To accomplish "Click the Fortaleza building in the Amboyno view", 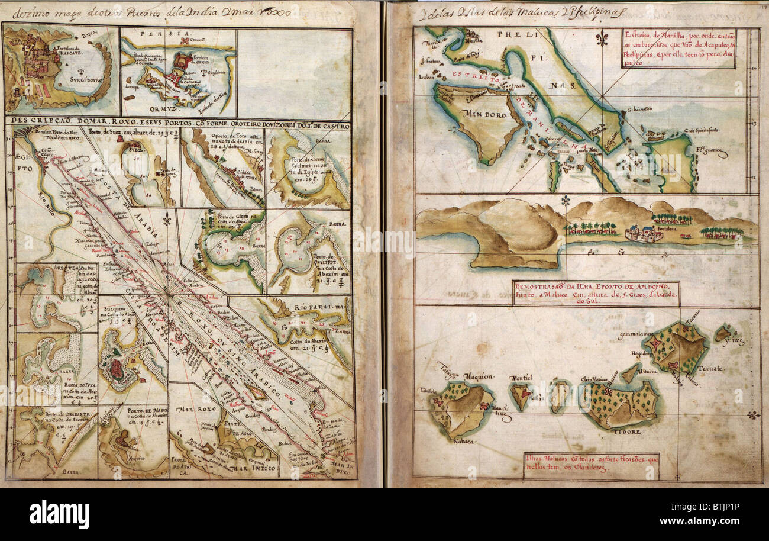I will pyautogui.click(x=644, y=234).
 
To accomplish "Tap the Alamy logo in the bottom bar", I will pyautogui.click(x=59, y=513).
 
